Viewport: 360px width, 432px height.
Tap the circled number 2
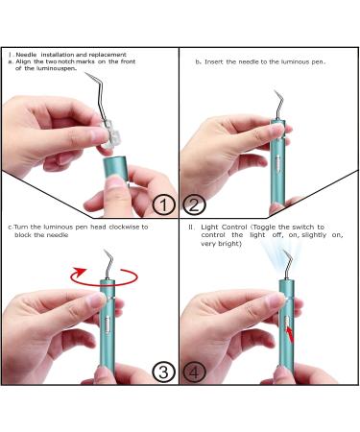pyautogui.click(x=193, y=204)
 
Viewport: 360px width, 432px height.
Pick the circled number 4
pyautogui.click(x=193, y=372)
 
